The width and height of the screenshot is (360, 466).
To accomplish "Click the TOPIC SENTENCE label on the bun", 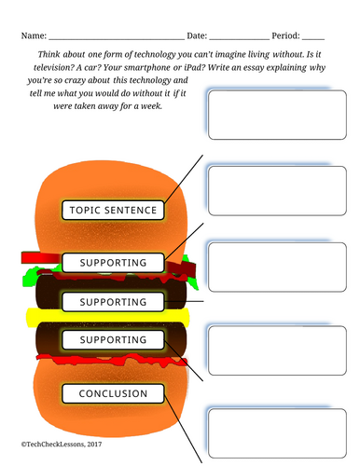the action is point(113,211).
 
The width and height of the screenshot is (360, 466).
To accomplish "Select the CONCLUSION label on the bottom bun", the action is point(113,393).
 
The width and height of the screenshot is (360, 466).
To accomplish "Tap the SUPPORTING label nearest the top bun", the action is point(113,263).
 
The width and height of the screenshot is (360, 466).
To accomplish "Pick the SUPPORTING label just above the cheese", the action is point(113,302).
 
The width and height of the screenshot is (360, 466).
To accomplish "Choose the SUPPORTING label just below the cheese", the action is point(113,340).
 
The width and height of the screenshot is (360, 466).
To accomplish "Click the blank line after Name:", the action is point(117,39).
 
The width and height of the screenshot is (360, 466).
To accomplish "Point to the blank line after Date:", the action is point(240,39).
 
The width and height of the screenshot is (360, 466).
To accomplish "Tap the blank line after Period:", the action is point(313,39).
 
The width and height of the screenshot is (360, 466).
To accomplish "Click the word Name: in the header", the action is point(34,35).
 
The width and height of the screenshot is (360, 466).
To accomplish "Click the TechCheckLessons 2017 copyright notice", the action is point(62,445).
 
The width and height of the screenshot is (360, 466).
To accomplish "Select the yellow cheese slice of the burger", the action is point(107,317).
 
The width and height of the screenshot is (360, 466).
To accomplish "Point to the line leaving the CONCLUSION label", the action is point(183,430).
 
